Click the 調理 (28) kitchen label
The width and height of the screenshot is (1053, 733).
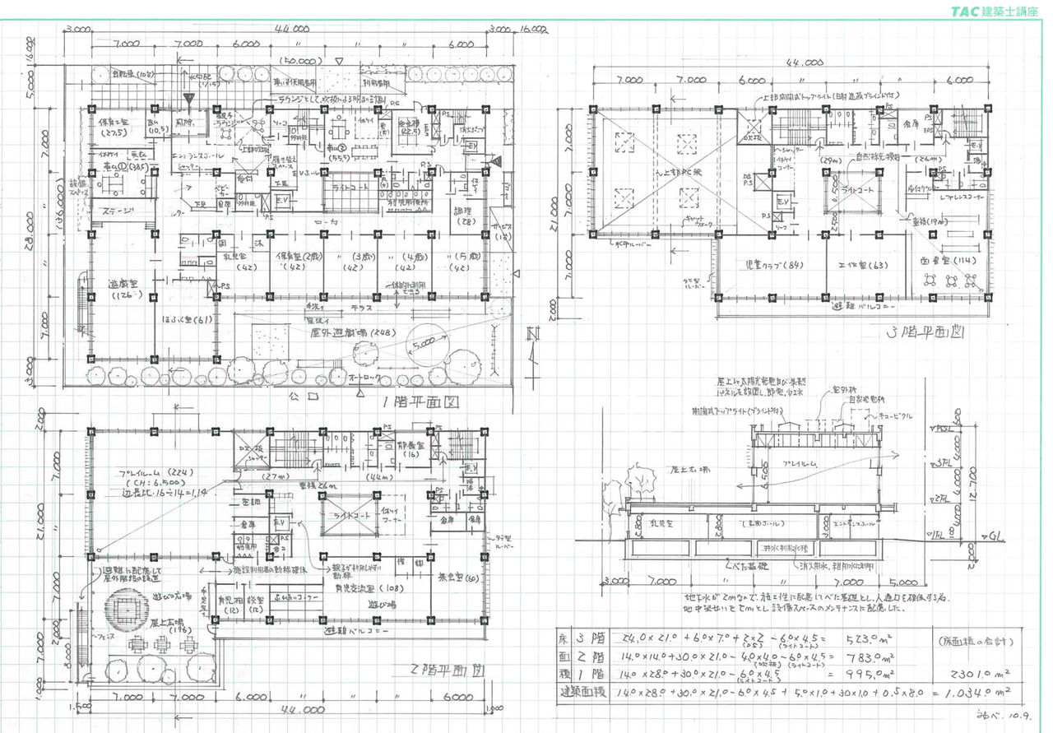465,216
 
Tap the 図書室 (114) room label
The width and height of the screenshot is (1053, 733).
944,262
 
